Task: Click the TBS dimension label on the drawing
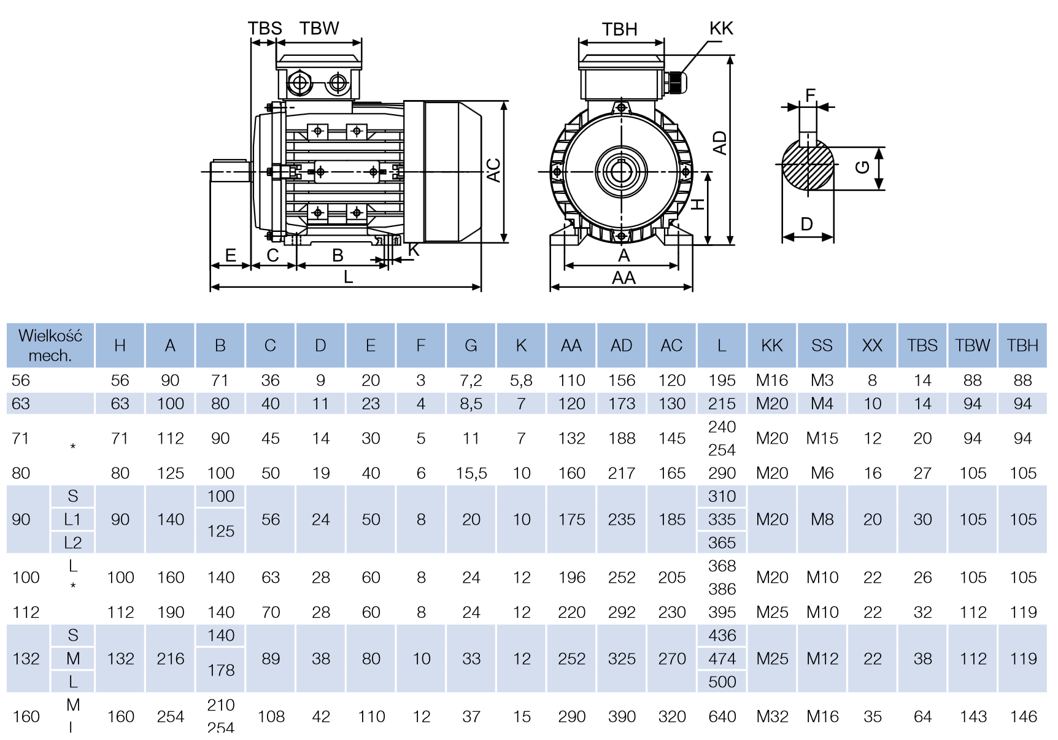264,28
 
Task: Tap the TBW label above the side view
319,28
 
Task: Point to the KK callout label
721,28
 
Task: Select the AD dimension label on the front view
719,143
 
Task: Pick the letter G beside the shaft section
862,167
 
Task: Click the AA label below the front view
624,278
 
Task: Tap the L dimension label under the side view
348,277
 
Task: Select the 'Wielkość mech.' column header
50,345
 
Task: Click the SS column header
822,345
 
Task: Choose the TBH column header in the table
1022,345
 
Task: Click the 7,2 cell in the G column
471,380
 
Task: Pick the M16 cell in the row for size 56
771,380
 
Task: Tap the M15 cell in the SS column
822,438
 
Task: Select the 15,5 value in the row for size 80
471,473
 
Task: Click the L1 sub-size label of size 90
72,520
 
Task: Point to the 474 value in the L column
722,658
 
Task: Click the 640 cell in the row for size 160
722,716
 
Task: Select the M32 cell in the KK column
771,716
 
